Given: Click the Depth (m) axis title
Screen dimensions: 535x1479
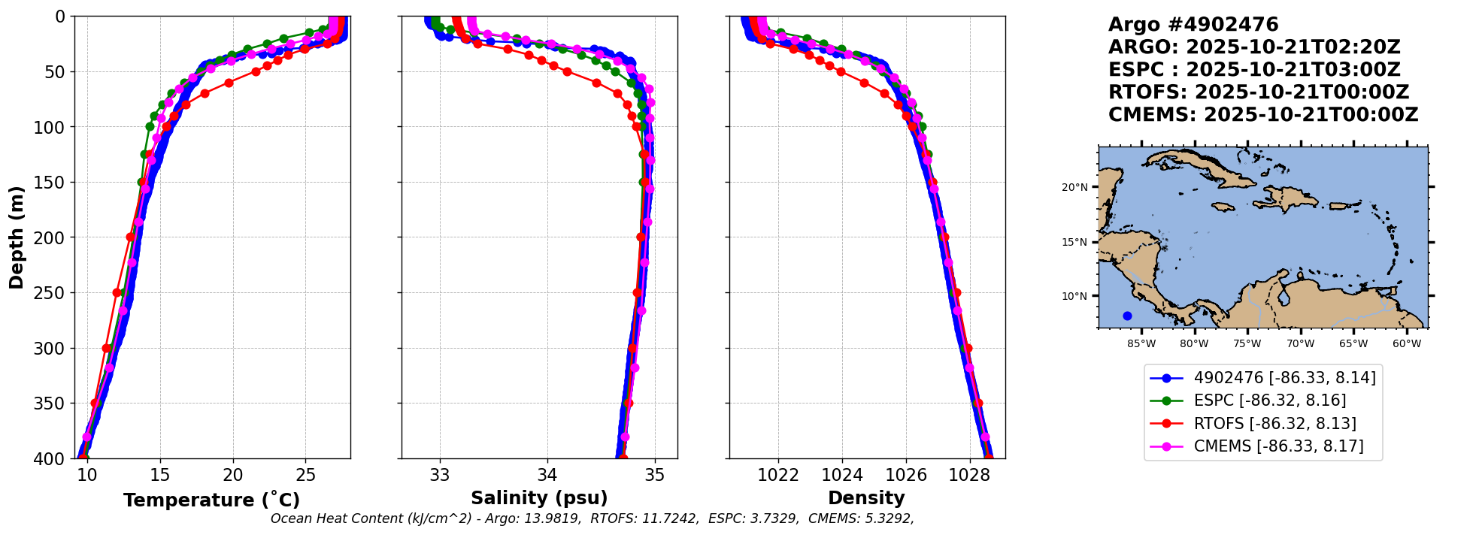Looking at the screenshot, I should click(x=16, y=237).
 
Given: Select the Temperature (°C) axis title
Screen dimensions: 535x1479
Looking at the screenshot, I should click(x=211, y=500).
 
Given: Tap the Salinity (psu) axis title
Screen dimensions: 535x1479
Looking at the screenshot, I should click(x=539, y=498).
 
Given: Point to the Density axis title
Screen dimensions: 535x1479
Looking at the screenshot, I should click(x=866, y=498).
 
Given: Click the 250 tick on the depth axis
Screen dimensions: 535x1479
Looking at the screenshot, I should click(x=53, y=293).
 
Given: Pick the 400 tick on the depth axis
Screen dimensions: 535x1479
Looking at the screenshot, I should click(x=53, y=458).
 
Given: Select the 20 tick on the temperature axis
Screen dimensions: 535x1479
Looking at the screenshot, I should click(x=233, y=475).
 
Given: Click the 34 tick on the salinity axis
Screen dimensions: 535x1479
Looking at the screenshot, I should click(x=547, y=475).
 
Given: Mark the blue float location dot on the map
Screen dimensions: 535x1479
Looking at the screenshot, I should click(x=1127, y=316).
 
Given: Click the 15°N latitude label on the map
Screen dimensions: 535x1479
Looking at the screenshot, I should click(x=1074, y=242).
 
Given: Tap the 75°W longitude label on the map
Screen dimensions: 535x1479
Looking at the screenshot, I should click(x=1247, y=344).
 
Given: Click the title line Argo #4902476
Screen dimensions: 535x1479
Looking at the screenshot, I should click(x=1193, y=25).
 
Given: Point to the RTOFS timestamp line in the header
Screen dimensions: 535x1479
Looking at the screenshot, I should click(x=1258, y=92).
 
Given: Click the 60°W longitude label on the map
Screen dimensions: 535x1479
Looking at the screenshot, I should click(x=1407, y=344).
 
